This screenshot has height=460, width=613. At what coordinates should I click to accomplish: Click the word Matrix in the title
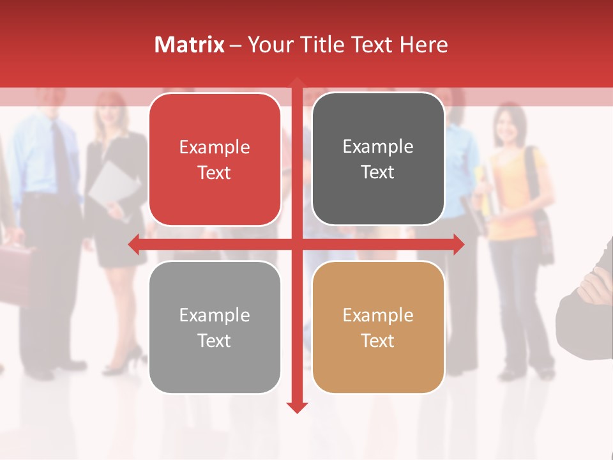190,45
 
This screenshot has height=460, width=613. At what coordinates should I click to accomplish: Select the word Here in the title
423,45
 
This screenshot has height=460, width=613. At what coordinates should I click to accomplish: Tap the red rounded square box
215,159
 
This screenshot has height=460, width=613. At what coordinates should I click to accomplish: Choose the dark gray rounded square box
378,159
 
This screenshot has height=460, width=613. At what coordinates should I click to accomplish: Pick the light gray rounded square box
215,327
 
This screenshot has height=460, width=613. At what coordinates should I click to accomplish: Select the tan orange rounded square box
378,327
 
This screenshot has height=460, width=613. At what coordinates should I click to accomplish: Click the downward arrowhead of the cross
297,407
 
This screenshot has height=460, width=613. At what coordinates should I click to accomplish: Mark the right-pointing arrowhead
458,244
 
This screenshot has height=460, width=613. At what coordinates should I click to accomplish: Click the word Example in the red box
215,148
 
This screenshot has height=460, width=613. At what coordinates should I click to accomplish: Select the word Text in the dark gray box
378,172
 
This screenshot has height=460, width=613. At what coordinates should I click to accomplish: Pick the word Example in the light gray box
215,315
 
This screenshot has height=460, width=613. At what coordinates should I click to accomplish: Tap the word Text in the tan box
378,341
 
